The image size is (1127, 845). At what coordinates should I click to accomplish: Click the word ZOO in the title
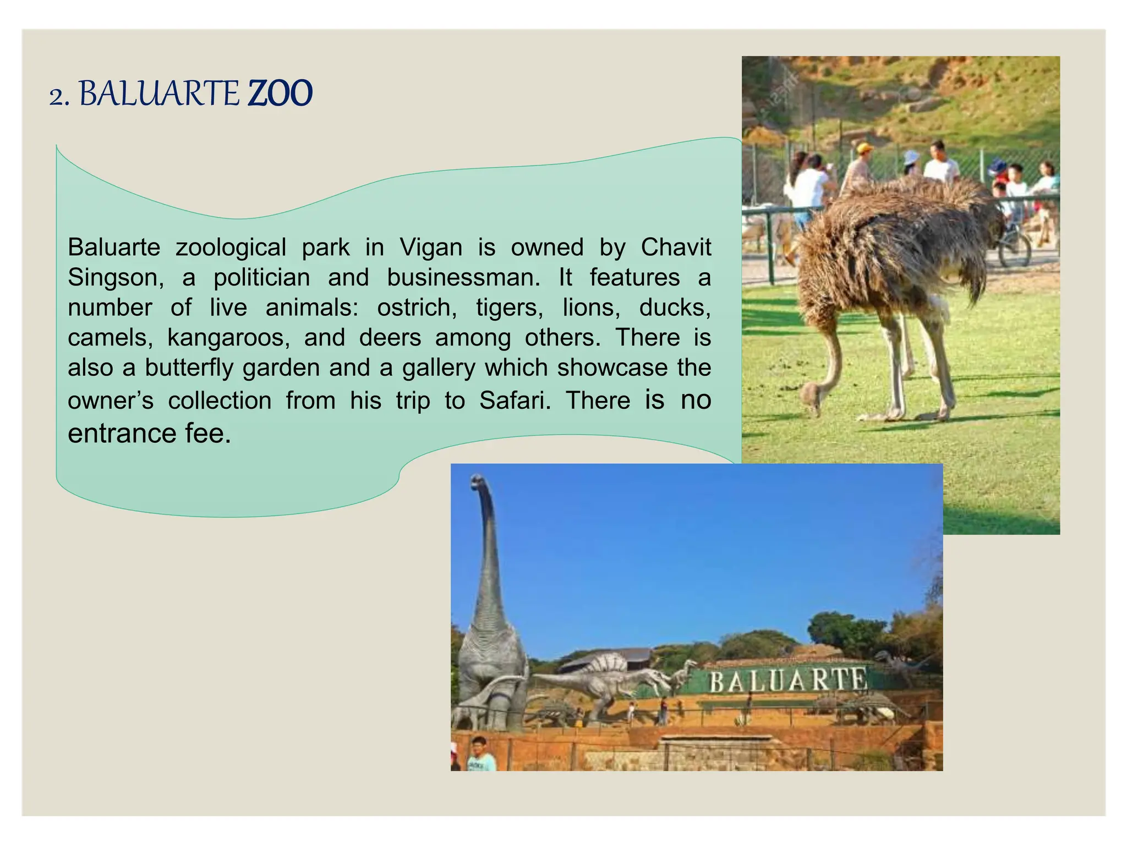pos(280,94)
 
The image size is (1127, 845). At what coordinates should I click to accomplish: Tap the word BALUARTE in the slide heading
pos(159,94)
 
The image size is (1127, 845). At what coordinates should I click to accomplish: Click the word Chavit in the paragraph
pos(676,248)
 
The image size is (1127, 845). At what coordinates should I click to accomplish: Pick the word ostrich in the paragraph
pos(417,308)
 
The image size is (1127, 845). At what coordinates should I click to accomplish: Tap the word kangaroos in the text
pos(228,338)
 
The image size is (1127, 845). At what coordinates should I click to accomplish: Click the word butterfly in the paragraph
pos(189,368)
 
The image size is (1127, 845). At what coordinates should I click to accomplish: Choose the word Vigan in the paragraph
pos(431,248)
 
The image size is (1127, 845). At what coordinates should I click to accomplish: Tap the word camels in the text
pos(110,338)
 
